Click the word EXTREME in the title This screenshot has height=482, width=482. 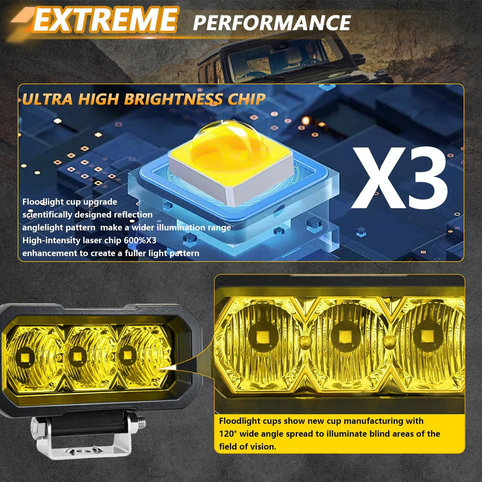104,20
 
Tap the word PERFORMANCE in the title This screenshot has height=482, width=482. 272,23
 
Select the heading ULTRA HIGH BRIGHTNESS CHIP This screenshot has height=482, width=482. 144,99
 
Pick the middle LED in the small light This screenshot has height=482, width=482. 75,356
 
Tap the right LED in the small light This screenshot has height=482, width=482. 126,354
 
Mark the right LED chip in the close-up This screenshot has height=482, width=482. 426,336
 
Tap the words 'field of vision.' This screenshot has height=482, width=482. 248,446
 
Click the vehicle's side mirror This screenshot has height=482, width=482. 359,60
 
